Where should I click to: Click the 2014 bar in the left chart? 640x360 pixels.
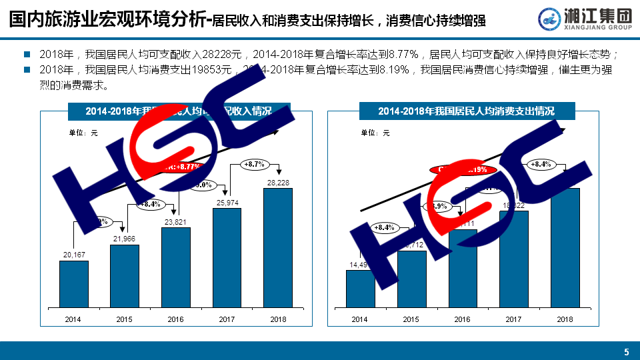pyautogui.click(x=73, y=284)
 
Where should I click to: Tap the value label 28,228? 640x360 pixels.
pyautogui.click(x=278, y=182)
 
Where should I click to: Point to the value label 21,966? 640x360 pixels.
pyautogui.click(x=124, y=239)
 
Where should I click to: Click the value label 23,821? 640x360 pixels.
pyautogui.click(x=175, y=221)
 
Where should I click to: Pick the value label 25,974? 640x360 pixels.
pyautogui.click(x=227, y=202)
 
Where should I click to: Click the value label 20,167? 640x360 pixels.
pyautogui.click(x=73, y=254)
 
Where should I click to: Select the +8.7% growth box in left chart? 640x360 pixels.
pyautogui.click(x=254, y=163)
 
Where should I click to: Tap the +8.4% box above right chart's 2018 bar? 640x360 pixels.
pyautogui.click(x=541, y=163)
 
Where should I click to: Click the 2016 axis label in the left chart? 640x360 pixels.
pyautogui.click(x=175, y=319)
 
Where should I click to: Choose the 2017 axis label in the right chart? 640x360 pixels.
pyautogui.click(x=513, y=319)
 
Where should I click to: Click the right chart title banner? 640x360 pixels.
pyautogui.click(x=466, y=111)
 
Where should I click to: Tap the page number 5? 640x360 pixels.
pyautogui.click(x=626, y=351)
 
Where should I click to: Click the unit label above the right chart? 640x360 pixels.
pyautogui.click(x=375, y=133)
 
